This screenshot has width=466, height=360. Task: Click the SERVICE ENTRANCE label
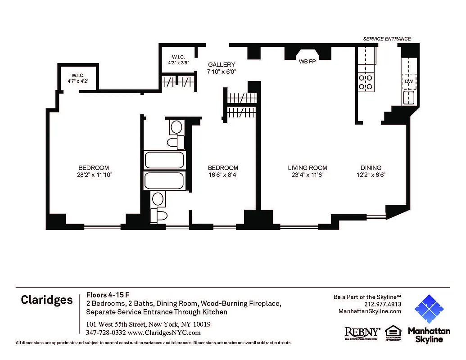[387, 39]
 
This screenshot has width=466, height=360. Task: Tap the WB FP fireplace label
[307, 62]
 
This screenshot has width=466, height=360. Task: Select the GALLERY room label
[222, 65]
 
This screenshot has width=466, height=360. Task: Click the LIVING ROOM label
[308, 168]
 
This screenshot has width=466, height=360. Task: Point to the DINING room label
[371, 168]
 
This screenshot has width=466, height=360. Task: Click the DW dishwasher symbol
[409, 81]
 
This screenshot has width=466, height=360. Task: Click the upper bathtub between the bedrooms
[164, 160]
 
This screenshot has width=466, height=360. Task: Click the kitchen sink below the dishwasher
[409, 97]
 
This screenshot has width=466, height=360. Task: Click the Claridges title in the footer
[47, 300]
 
